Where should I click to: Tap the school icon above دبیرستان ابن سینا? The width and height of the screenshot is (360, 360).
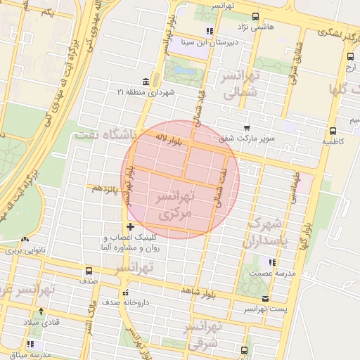210,31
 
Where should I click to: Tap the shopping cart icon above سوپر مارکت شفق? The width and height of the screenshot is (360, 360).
246,127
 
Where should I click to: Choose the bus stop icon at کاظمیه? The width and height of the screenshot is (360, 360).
333,130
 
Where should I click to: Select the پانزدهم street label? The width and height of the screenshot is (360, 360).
102,188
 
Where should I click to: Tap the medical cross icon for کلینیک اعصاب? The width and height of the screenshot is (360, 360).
129,226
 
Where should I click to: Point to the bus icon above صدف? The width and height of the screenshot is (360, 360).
89,270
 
